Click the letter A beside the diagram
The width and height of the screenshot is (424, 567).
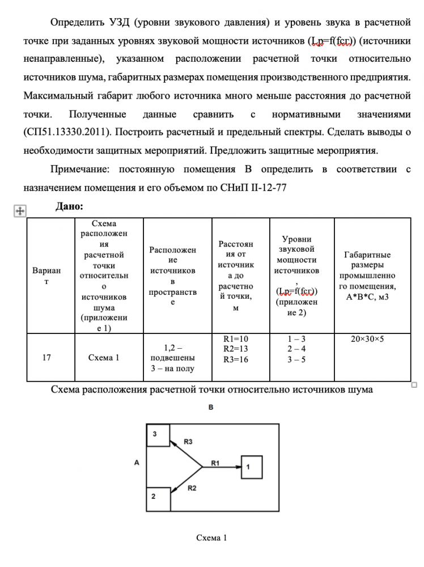click(x=137, y=463)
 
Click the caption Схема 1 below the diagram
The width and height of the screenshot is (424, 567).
click(x=211, y=538)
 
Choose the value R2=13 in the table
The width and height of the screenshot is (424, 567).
click(x=236, y=349)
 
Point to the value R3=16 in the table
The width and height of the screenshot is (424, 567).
click(x=236, y=359)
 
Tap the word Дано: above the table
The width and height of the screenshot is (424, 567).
click(x=69, y=206)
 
